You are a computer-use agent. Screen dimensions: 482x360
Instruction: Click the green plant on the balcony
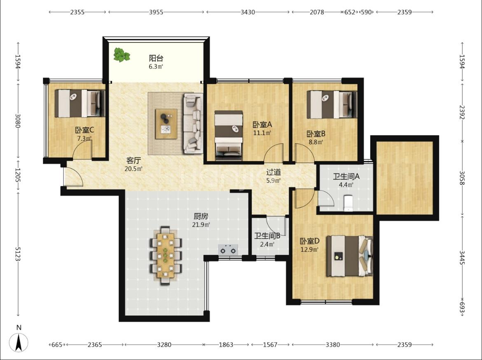[122, 55]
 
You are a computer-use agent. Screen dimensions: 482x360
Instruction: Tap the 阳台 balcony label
[156, 58]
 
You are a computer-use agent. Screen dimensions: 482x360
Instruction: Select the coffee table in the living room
[166, 124]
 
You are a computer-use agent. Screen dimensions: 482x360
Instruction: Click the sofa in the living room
[193, 123]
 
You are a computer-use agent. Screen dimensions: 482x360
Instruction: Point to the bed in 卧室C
[80, 103]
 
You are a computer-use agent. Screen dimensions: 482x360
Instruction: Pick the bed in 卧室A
[228, 136]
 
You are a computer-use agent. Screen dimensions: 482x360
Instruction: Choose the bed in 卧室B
[332, 105]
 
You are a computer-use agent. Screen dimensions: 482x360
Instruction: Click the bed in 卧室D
[349, 256]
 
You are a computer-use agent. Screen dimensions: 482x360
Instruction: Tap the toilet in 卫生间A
[348, 203]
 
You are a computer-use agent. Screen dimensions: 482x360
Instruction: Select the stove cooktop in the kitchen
[228, 250]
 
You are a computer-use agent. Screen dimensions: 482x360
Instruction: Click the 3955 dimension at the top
[156, 12]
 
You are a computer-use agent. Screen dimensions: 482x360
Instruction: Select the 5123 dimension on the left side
[18, 254]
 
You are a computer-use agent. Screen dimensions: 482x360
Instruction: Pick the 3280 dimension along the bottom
[164, 345]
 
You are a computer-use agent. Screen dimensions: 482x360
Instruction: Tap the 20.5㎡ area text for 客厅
[133, 168]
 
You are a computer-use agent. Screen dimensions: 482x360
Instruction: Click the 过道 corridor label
[273, 173]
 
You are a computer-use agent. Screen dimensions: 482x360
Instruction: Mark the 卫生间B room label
[267, 236]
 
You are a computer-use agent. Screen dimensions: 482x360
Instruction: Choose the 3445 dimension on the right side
[462, 257]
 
